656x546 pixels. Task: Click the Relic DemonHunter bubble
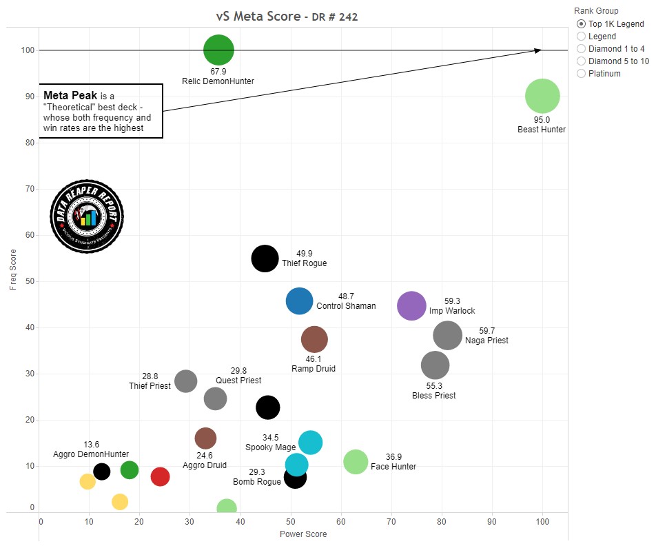coord(218,50)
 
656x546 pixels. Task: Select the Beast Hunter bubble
coord(542,97)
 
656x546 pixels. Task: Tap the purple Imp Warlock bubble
coord(412,306)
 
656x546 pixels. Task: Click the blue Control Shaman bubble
coord(299,301)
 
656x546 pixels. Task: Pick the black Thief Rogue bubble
coord(265,259)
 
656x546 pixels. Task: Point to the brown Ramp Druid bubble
coord(314,339)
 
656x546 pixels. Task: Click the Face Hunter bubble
coord(356,462)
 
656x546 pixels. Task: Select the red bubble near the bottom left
coord(160,476)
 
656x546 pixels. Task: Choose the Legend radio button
coord(581,37)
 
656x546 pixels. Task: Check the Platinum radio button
coord(581,74)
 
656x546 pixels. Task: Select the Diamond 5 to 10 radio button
coord(581,61)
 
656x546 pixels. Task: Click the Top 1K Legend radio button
coord(581,24)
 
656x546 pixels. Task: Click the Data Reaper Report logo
coord(87,219)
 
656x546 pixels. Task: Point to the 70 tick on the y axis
coord(29,189)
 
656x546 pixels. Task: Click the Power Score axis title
coord(303,534)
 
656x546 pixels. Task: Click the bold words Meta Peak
coord(70,95)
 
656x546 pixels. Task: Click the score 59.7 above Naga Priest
coord(487,331)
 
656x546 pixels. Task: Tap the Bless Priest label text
coord(433,396)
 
